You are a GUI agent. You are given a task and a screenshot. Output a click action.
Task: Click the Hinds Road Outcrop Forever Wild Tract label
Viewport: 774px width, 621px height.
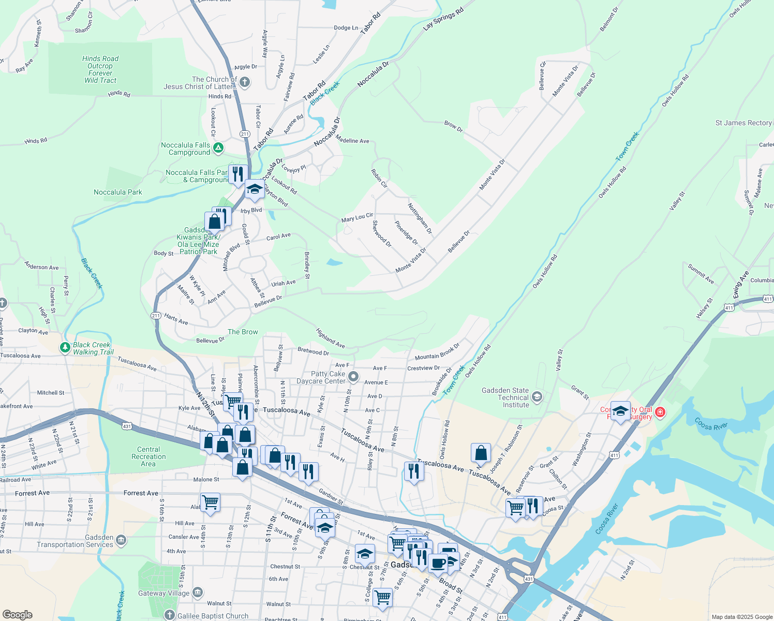pyautogui.click(x=100, y=69)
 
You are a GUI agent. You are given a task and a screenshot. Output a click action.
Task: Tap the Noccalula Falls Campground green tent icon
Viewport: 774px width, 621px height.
pyautogui.click(x=218, y=149)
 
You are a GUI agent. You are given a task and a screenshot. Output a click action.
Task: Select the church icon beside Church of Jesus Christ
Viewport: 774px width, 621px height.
pyautogui.click(x=245, y=82)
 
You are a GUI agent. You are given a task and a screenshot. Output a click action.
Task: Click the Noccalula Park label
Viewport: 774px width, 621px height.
pyautogui.click(x=118, y=192)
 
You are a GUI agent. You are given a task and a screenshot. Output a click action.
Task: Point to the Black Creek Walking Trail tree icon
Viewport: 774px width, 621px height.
pyautogui.click(x=65, y=348)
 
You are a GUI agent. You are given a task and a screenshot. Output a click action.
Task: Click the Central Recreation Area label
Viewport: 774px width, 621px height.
pyautogui.click(x=148, y=456)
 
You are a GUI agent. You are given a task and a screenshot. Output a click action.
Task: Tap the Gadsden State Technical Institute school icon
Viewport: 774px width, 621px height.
pyautogui.click(x=537, y=397)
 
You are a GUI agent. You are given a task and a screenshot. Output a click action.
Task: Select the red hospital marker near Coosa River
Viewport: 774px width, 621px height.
pyautogui.click(x=660, y=412)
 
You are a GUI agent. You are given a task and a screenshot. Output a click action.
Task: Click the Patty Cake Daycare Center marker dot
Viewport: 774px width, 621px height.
pyautogui.click(x=353, y=377)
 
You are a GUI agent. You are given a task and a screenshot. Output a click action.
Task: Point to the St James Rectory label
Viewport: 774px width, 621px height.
pyautogui.click(x=743, y=123)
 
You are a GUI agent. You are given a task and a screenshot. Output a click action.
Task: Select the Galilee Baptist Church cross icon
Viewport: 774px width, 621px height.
pyautogui.click(x=169, y=615)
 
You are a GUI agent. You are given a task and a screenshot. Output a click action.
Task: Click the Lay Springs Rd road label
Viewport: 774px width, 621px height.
pyautogui.click(x=443, y=19)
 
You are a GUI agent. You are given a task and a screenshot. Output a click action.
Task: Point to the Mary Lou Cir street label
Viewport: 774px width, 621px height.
pyautogui.click(x=357, y=217)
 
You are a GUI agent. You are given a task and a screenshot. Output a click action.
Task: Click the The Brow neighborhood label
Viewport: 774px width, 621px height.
pyautogui.click(x=243, y=332)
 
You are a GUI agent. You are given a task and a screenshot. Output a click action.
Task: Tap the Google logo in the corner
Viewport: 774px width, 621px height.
pyautogui.click(x=18, y=614)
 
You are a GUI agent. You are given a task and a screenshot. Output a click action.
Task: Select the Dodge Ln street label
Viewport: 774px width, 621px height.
pyautogui.click(x=346, y=28)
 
